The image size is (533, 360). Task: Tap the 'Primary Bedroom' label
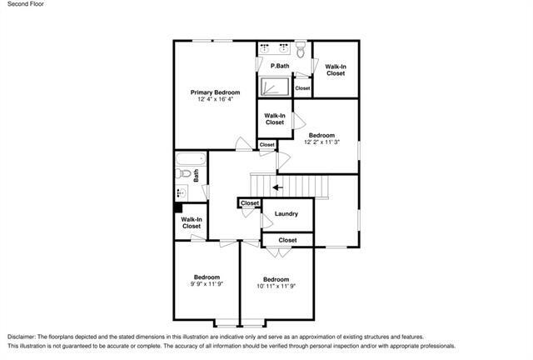215,92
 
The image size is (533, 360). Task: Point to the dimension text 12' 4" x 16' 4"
215,100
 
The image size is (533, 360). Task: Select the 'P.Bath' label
280,66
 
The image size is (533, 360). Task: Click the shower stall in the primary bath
274,87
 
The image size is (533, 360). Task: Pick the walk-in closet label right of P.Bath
336,70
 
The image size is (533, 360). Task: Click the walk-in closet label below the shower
275,119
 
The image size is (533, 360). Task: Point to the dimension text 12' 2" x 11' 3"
321,142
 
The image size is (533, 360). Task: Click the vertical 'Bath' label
197,176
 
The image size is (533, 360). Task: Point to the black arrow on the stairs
277,187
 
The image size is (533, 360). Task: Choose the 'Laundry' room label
286,214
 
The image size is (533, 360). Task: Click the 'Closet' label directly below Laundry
287,240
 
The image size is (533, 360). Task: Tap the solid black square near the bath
178,208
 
